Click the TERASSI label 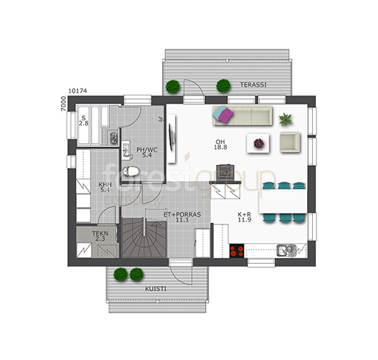(x=253, y=85)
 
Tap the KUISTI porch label (x=156, y=289)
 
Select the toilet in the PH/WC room (x=130, y=171)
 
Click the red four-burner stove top (x=237, y=251)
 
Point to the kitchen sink (x=287, y=250)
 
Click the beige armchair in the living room (x=290, y=142)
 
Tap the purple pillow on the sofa (x=226, y=115)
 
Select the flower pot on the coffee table (x=259, y=143)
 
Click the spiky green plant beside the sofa (x=285, y=120)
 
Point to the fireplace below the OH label (x=225, y=172)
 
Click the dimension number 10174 (x=77, y=91)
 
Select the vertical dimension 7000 (x=63, y=104)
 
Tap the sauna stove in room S (x=114, y=138)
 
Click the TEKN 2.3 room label (x=100, y=236)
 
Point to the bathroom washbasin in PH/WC (x=126, y=151)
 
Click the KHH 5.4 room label (x=105, y=188)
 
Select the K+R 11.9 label (x=245, y=217)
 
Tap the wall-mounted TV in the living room (x=170, y=138)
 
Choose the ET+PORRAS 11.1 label (x=182, y=217)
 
